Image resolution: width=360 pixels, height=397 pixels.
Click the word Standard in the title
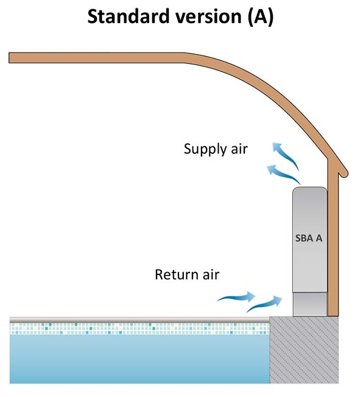129,16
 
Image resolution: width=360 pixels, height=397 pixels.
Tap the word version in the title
208,16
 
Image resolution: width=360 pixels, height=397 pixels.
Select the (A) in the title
261,16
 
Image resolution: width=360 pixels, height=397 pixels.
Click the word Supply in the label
205,149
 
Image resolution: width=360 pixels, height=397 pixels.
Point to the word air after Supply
239,149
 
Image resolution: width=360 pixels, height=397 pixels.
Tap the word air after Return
211,274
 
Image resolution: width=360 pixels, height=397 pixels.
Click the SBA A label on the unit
309,238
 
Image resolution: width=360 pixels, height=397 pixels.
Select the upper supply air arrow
285,156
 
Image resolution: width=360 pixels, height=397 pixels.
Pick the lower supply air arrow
283,174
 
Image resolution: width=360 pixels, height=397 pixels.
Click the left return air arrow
236,297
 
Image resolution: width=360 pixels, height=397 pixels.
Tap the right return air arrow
264,304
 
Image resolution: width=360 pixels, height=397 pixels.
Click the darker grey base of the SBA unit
310,304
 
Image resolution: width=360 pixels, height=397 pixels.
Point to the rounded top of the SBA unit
310,190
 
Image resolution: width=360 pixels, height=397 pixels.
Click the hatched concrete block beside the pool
304,349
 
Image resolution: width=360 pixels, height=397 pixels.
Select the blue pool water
139,359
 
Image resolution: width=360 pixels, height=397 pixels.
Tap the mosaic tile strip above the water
139,329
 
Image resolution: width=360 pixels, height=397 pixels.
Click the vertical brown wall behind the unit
333,238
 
